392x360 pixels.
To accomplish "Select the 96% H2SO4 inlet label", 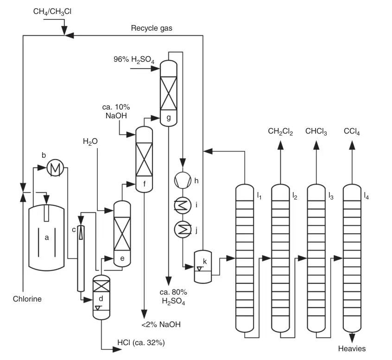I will [134, 59].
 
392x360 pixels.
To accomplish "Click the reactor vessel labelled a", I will [46, 237].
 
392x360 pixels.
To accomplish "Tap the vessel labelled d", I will [101, 297].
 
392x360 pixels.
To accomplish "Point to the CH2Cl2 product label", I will [280, 132].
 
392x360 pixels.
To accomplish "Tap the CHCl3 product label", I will [316, 132].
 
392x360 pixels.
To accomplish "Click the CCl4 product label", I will [352, 132].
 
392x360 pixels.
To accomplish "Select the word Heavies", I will [352, 348].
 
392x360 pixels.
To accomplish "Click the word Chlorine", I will [27, 299].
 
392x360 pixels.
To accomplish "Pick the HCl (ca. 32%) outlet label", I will [141, 343].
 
